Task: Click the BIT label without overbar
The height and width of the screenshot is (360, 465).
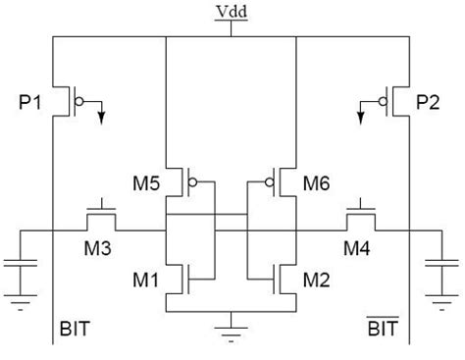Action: click(x=75, y=330)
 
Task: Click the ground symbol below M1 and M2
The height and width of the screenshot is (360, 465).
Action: click(x=232, y=323)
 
